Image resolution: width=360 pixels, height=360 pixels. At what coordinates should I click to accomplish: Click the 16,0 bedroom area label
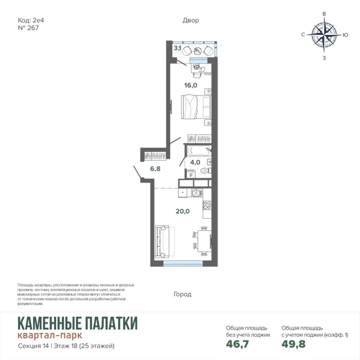pos(191,85)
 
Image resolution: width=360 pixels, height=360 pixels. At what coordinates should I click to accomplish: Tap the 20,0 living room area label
pos(183,211)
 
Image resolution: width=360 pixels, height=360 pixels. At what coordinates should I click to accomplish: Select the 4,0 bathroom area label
pos(195,163)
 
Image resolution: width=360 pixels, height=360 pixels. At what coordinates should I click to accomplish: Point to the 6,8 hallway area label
pos(155,169)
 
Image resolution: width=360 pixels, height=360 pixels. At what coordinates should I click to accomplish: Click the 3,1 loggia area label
pos(177,48)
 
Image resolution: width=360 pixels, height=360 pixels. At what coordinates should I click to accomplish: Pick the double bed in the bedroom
pos(196,107)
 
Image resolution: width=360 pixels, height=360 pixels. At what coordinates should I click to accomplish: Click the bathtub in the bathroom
pos(199,151)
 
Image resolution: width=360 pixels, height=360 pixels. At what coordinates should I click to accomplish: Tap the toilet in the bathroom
pos(205,171)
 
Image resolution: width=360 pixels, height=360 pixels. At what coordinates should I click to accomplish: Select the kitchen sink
pos(197,193)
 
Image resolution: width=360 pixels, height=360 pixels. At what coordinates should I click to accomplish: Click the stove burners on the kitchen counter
pos(207,205)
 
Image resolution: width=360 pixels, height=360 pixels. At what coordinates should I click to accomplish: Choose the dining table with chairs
pos(203,241)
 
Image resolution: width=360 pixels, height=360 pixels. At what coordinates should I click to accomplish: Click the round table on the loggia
pos(197,51)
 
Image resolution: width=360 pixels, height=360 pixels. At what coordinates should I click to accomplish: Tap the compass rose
pos(324,35)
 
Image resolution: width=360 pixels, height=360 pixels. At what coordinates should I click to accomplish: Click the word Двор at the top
pos(191,21)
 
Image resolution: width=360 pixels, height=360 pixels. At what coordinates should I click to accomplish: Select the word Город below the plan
pos(183,294)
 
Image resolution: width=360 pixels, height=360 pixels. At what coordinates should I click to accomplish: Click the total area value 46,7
pos(238,344)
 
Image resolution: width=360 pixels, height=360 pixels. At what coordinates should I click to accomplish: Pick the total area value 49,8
pos(294,344)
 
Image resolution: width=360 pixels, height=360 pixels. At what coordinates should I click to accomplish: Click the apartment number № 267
pos(28,28)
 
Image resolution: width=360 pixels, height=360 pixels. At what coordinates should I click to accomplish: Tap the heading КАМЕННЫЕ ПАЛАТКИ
pos(78,323)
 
